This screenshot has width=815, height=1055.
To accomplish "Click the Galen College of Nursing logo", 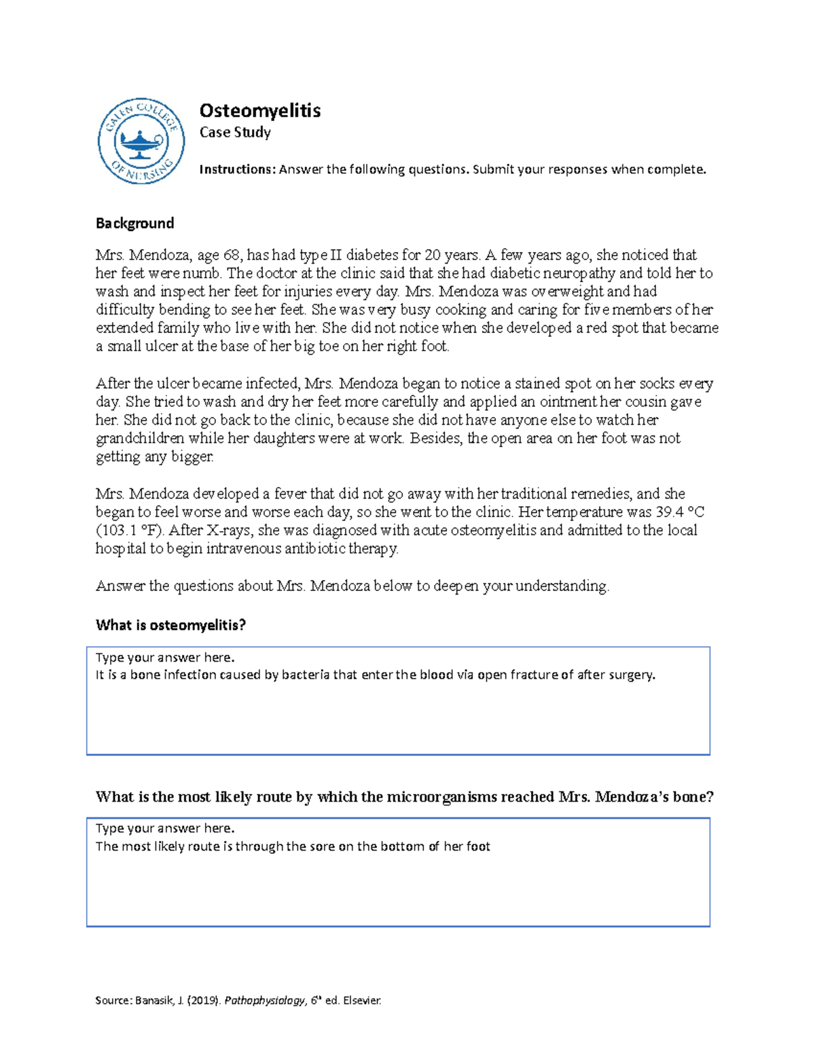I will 141,141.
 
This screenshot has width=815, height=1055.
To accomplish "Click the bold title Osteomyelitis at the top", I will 259,110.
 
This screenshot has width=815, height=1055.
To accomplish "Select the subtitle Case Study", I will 235,132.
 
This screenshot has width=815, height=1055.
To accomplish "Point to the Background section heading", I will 134,223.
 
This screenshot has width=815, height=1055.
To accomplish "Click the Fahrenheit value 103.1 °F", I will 130,531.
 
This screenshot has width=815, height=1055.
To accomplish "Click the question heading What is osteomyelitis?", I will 170,625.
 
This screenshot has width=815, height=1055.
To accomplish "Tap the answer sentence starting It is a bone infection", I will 375,675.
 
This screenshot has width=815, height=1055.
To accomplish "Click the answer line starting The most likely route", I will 293,846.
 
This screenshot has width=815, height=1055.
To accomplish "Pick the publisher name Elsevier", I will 362,1001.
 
